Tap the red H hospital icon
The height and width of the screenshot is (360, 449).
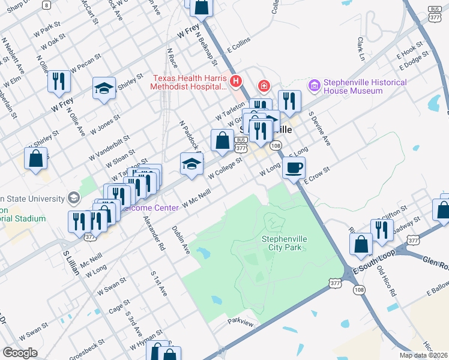pyautogui.click(x=237, y=80)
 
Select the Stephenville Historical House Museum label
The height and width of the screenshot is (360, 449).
pyautogui.click(x=365, y=86)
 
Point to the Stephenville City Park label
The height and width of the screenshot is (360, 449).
pyautogui.click(x=285, y=243)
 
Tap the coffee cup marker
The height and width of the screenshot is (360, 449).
pyautogui.click(x=294, y=168)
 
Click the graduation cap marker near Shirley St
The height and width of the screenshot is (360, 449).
pyautogui.click(x=104, y=89)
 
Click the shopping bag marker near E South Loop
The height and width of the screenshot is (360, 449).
pyautogui.click(x=361, y=244)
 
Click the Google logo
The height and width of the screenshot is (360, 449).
pyautogui.click(x=20, y=353)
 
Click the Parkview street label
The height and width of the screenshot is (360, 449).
pyautogui.click(x=241, y=322)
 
